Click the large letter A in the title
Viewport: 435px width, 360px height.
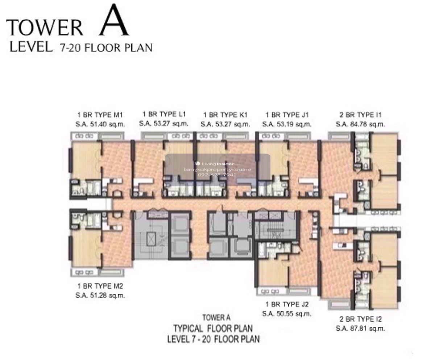114,20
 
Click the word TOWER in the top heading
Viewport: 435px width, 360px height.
45,28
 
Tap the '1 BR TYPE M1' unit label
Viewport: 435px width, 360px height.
100,115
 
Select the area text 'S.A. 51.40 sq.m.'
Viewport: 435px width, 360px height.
100,124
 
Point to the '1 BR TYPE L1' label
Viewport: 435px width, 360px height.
164,114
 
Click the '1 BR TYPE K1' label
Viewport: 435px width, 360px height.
225,115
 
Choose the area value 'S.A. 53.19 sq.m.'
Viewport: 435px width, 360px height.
287,124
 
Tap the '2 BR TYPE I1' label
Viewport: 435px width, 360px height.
360,115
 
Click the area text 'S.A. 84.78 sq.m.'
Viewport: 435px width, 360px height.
360,124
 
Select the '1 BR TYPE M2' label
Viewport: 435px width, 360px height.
100,286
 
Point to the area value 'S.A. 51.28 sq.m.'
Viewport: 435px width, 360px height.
100,296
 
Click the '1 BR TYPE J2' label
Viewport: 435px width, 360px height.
287,305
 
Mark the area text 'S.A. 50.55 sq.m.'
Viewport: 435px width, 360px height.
287,314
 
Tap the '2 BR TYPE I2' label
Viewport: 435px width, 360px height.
360,319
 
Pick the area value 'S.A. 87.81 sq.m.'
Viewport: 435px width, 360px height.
360,328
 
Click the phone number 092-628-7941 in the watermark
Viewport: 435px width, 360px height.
217,175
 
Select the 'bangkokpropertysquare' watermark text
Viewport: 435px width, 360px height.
217,169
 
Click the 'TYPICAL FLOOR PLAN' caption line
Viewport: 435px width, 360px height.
213,328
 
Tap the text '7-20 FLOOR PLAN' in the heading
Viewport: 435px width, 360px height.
106,48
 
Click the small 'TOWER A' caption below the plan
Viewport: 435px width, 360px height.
216,318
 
